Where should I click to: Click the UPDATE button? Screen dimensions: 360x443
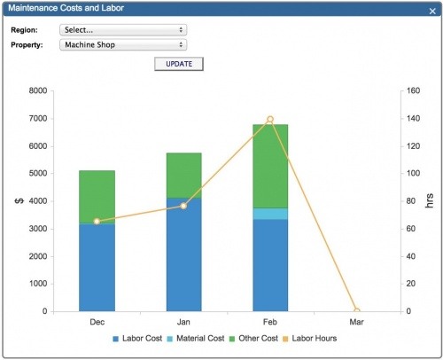click(179, 64)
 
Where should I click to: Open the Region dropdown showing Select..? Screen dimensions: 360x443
click(122, 29)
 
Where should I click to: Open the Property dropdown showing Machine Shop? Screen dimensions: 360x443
click(122, 44)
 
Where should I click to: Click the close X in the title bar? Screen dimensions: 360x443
click(431, 10)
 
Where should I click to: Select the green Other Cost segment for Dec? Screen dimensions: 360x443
click(97, 196)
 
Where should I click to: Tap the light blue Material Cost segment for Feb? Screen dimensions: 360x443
click(270, 214)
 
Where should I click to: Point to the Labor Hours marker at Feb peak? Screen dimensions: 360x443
click(270, 119)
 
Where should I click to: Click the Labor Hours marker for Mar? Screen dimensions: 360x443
click(357, 311)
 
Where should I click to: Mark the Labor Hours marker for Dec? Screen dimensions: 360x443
click(97, 221)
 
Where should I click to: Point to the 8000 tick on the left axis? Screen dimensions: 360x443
click(35, 90)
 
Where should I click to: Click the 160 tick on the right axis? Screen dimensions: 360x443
click(415, 90)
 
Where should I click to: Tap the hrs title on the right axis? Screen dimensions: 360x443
click(431, 201)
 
